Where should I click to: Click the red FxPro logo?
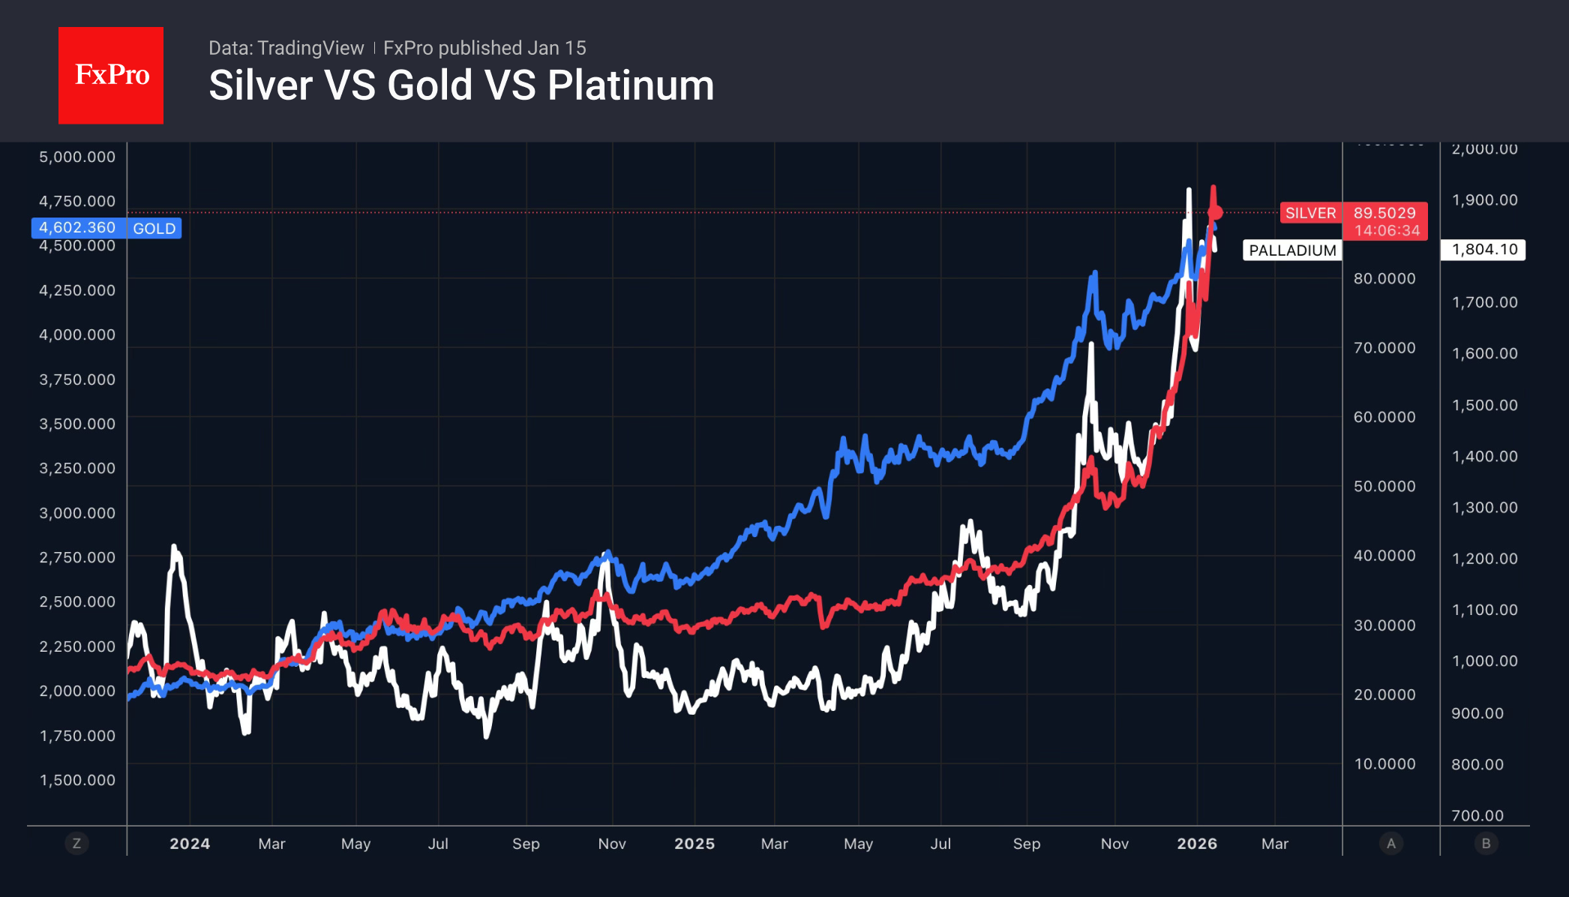click(x=111, y=75)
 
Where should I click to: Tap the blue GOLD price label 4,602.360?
click(x=77, y=228)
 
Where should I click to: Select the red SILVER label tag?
click(x=1310, y=213)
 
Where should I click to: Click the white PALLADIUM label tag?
click(x=1292, y=250)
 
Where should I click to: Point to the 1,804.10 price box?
click(x=1483, y=250)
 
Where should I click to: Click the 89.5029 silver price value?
click(x=1384, y=213)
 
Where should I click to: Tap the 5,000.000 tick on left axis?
click(x=77, y=157)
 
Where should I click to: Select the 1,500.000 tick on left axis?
click(x=77, y=780)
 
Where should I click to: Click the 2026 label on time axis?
click(x=1197, y=844)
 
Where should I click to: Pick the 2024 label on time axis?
click(x=190, y=844)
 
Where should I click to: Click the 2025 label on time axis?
click(x=694, y=844)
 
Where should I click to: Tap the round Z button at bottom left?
click(x=76, y=844)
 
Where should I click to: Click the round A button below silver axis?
click(x=1391, y=844)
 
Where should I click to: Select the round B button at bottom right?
click(x=1486, y=844)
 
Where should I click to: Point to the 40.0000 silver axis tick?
click(x=1384, y=556)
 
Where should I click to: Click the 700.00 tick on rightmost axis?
click(x=1477, y=815)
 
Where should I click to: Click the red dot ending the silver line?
click(x=1216, y=213)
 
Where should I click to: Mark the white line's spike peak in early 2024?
click(x=174, y=547)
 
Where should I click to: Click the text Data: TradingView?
click(x=286, y=48)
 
